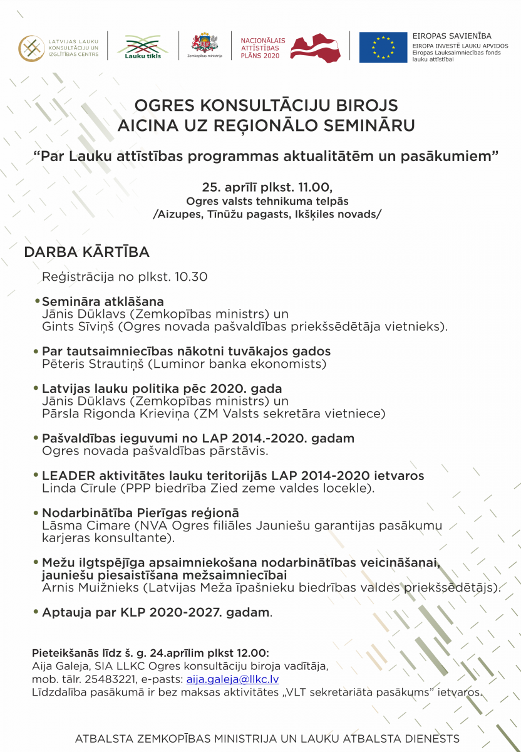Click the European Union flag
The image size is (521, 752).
tap(383, 47)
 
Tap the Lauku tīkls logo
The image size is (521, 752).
tap(143, 46)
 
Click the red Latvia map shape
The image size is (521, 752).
tap(315, 46)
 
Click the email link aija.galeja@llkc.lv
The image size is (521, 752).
tap(232, 679)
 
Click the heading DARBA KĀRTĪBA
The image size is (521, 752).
tap(86, 252)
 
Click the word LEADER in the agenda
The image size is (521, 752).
tap(65, 476)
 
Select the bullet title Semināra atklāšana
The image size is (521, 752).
tap(103, 301)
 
